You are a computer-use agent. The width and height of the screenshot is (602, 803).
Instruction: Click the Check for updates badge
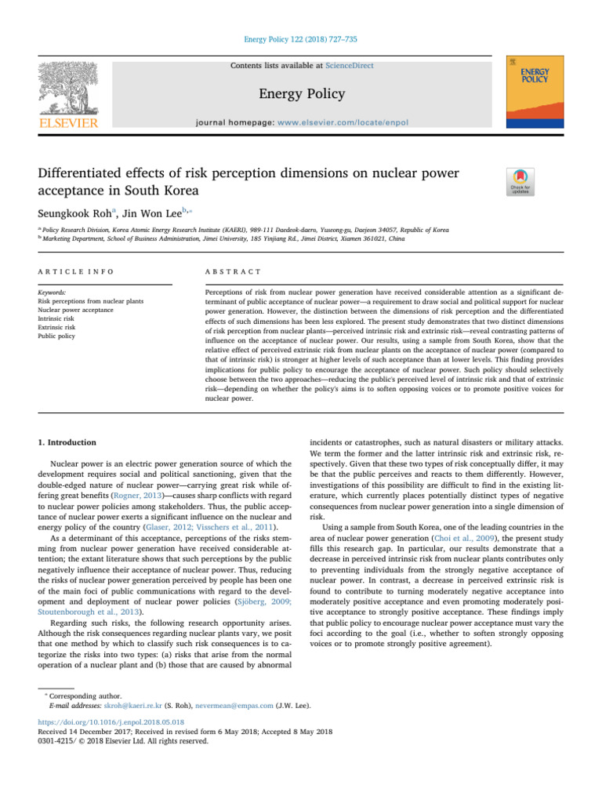click(521, 182)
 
